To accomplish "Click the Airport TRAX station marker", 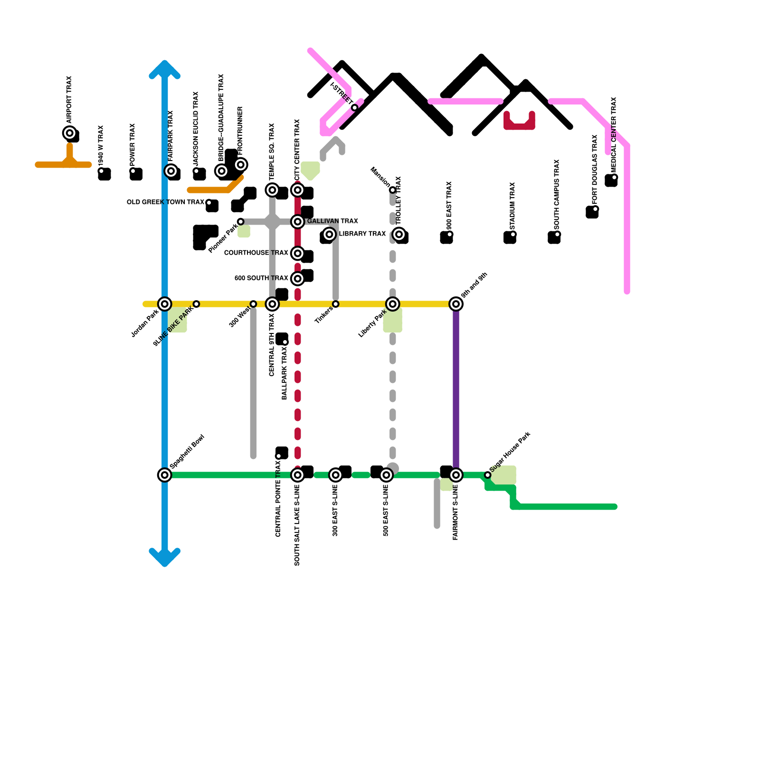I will point(70,133).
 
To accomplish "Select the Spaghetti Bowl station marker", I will point(165,475).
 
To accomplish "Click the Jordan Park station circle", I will point(165,304).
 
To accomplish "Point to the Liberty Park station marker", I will point(393,304).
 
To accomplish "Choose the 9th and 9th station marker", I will point(456,304).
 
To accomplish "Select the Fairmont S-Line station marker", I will point(456,475).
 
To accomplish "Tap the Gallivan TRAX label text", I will point(332,221).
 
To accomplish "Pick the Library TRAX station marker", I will point(329,234).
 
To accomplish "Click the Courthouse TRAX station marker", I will point(298,253).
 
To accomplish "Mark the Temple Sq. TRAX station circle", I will point(272,190).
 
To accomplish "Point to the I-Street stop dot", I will point(355,108).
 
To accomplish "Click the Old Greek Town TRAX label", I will point(165,202).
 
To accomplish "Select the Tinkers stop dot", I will point(336,304).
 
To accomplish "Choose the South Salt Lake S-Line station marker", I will point(298,475).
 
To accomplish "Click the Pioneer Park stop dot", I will point(241,222).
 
